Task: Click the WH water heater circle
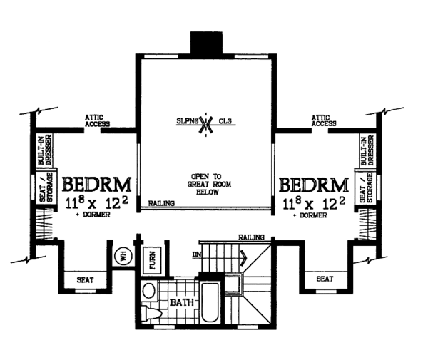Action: pyautogui.click(x=123, y=256)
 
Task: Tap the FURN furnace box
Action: pyautogui.click(x=153, y=260)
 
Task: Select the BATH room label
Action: pyautogui.click(x=182, y=302)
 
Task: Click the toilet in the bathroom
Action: pyautogui.click(x=152, y=313)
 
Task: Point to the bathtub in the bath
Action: pyautogui.click(x=210, y=302)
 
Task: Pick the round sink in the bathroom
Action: pyautogui.click(x=149, y=291)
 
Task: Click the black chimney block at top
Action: pyautogui.click(x=206, y=43)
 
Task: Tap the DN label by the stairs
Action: pyautogui.click(x=197, y=254)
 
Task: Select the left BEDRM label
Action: pyautogui.click(x=97, y=185)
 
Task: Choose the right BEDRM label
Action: pyautogui.click(x=314, y=185)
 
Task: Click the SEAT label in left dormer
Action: pyautogui.click(x=85, y=280)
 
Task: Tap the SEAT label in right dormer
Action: pyautogui.click(x=325, y=279)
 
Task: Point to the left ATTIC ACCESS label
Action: pyautogui.click(x=97, y=120)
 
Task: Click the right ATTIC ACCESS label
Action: pyautogui.click(x=324, y=120)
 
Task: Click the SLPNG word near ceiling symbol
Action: pyautogui.click(x=187, y=120)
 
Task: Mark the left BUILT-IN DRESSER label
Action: pyautogui.click(x=45, y=150)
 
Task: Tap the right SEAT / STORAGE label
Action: pyautogui.click(x=366, y=187)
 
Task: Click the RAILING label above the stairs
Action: pyautogui.click(x=251, y=237)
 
